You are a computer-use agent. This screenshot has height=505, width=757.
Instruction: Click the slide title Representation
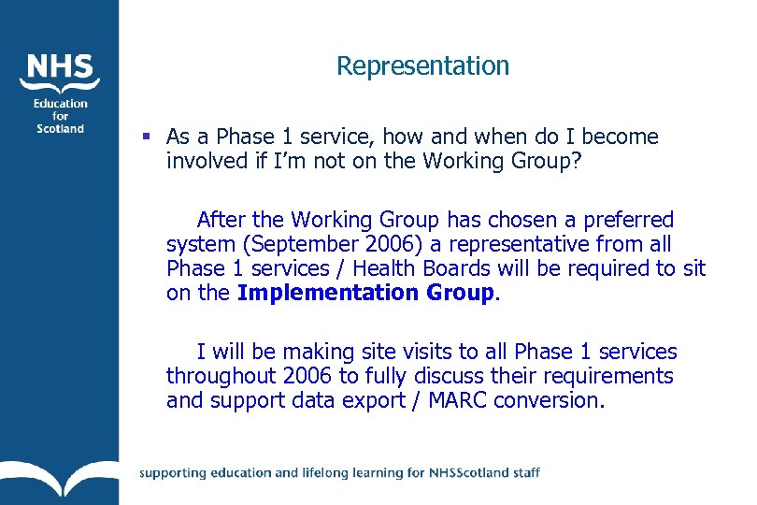click(x=422, y=65)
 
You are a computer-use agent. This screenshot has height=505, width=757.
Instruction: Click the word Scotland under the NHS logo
click(x=61, y=128)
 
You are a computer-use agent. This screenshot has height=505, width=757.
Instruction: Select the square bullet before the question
click(x=146, y=137)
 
